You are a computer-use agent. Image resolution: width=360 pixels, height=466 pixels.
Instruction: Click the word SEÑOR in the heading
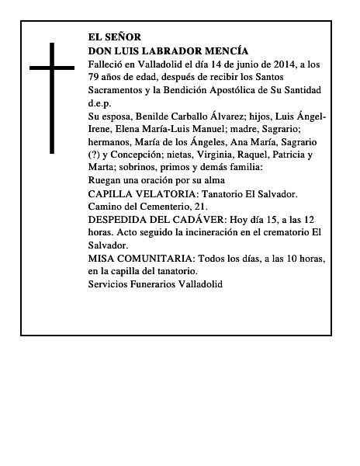(125, 37)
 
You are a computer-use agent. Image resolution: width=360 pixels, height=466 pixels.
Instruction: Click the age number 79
(95, 76)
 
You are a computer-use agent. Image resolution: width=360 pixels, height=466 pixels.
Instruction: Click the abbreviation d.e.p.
(99, 103)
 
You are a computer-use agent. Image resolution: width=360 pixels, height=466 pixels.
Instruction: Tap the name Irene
(102, 129)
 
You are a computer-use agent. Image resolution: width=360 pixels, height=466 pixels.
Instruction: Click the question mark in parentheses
(95, 155)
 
